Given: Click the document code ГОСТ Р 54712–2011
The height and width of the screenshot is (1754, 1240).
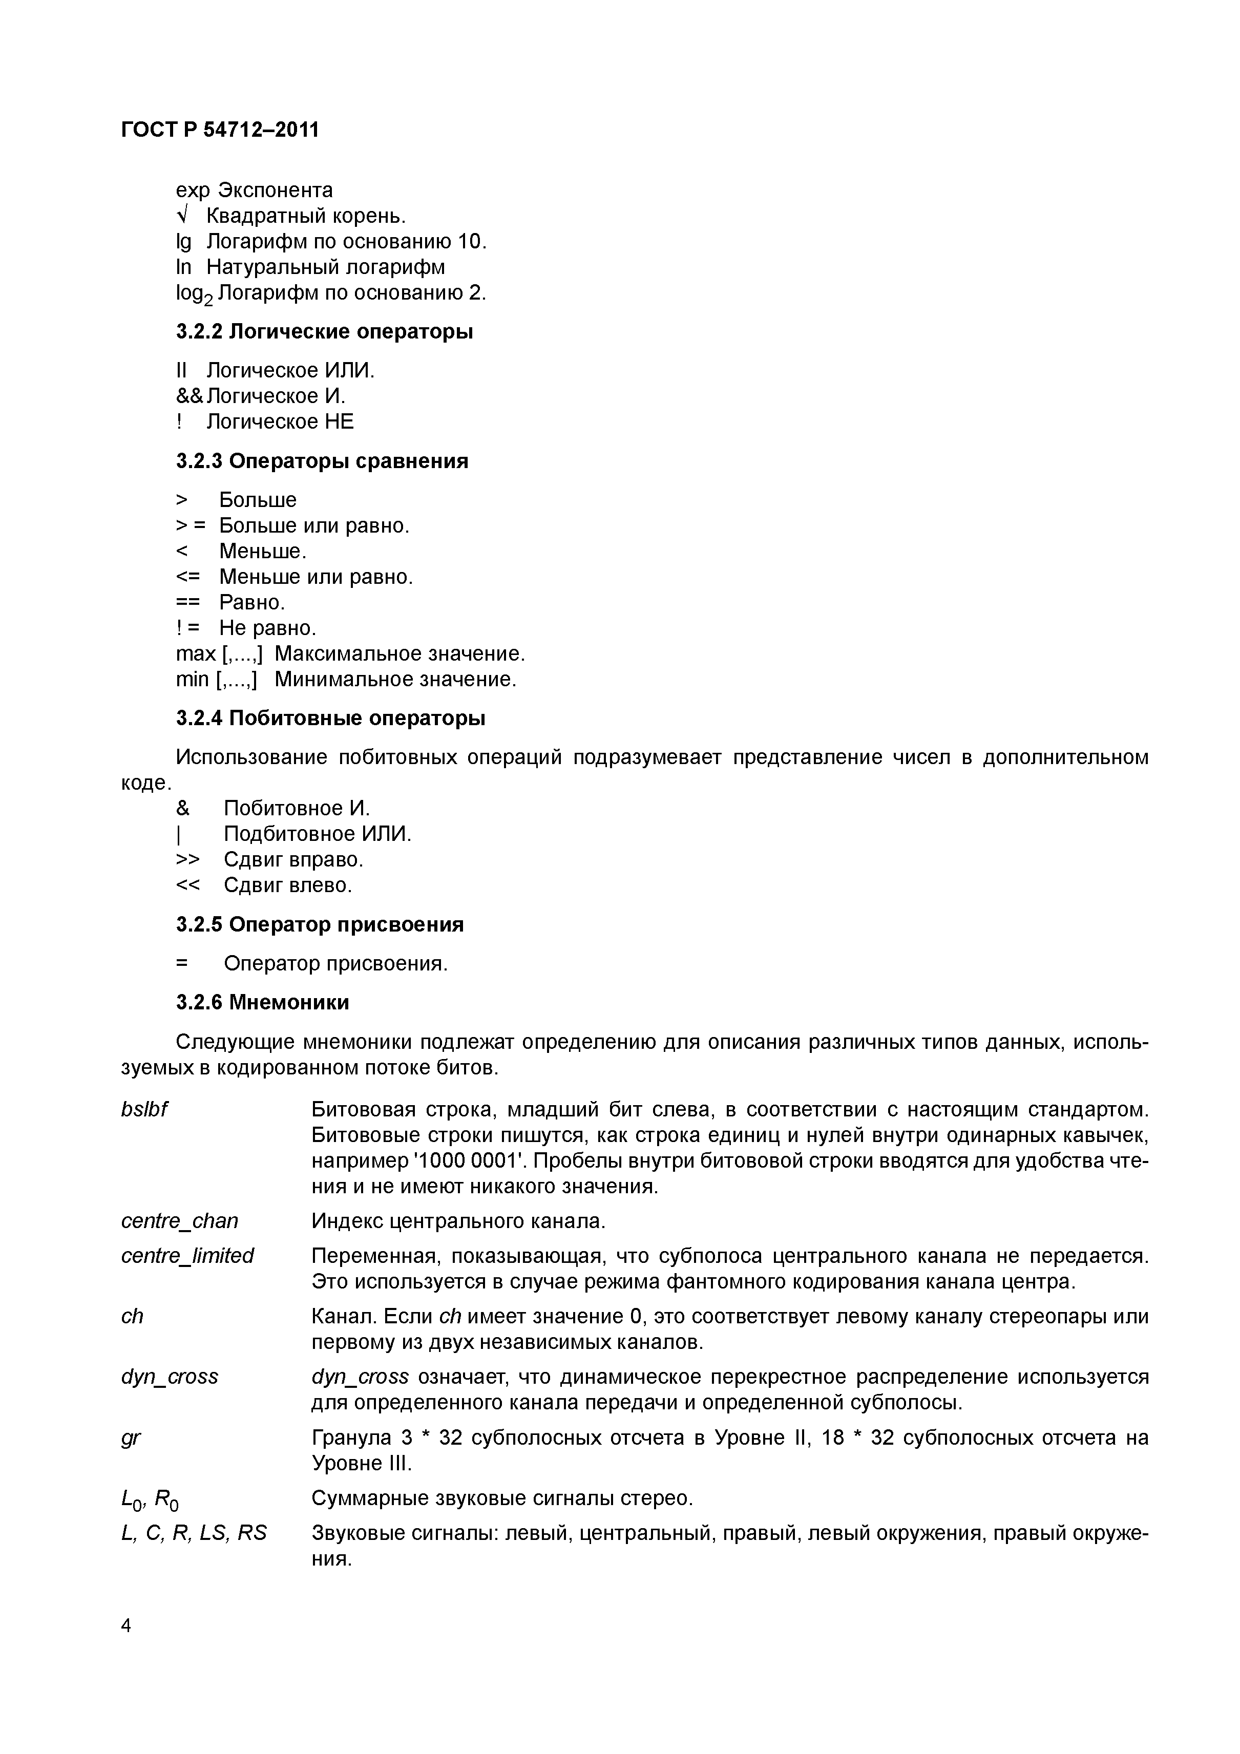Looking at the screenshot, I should [x=220, y=130].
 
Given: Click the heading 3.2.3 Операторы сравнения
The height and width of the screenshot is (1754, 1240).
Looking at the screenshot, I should [x=322, y=461].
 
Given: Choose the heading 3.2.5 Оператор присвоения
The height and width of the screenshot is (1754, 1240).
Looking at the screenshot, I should [x=320, y=924].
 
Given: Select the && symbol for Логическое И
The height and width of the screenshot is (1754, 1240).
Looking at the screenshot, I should [x=190, y=396].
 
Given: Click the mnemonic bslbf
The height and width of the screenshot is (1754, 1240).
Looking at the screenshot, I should [x=144, y=1108].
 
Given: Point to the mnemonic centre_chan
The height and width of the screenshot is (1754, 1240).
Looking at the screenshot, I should [x=180, y=1221].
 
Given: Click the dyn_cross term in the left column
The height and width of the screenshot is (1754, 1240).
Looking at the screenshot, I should [x=170, y=1377].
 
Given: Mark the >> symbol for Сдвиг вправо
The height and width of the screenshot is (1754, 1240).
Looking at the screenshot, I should [x=188, y=859].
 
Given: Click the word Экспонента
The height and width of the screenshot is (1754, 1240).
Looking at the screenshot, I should [x=276, y=189].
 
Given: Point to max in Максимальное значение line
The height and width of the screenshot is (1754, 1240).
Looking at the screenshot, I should [x=196, y=654].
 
